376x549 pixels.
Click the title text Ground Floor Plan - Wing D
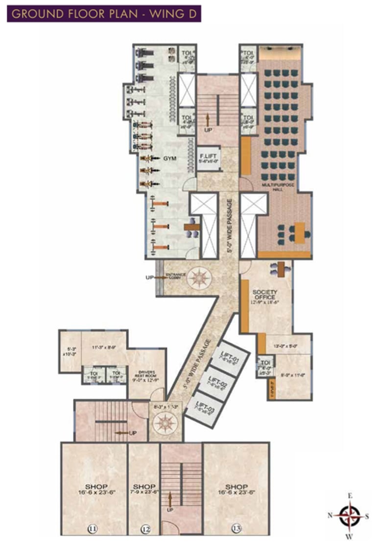point(103,13)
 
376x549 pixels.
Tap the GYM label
point(169,158)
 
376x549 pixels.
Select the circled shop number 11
point(92,528)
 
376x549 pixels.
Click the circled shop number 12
point(145,528)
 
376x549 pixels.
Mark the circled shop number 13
point(236,528)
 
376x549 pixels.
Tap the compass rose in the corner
point(350,515)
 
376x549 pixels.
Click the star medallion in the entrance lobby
point(200,278)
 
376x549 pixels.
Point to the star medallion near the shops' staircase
point(166,422)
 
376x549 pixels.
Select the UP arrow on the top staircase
point(208,121)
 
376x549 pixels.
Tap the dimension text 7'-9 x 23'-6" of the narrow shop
point(144,491)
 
